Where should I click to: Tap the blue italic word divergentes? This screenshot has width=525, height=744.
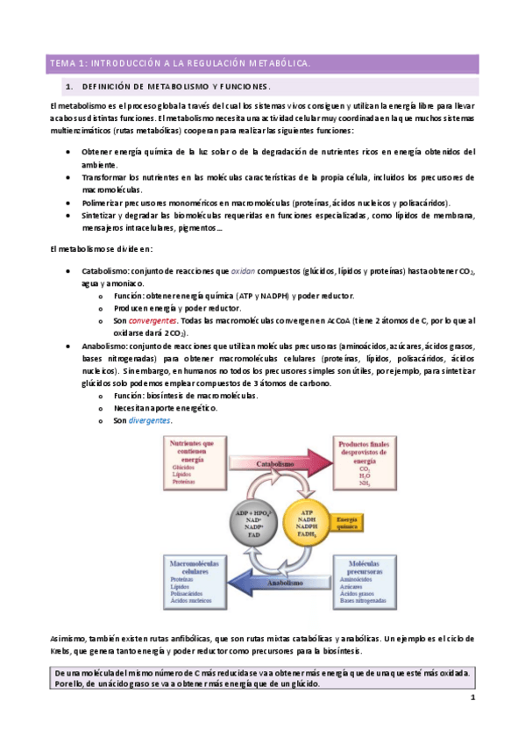coord(149,420)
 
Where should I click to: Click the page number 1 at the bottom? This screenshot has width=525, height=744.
coord(472,697)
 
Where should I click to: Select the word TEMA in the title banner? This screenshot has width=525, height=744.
coord(63,63)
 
